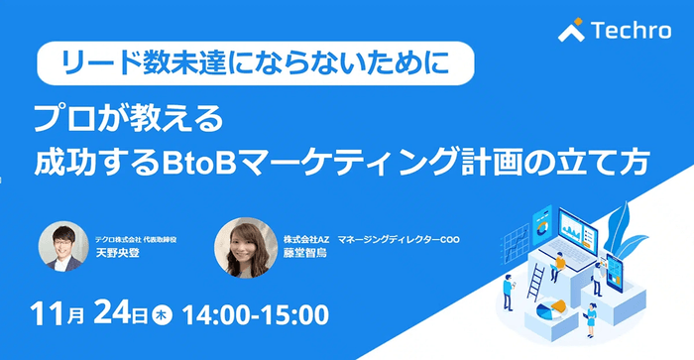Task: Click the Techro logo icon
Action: pos(571,31)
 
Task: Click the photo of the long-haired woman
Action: pos(245,248)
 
